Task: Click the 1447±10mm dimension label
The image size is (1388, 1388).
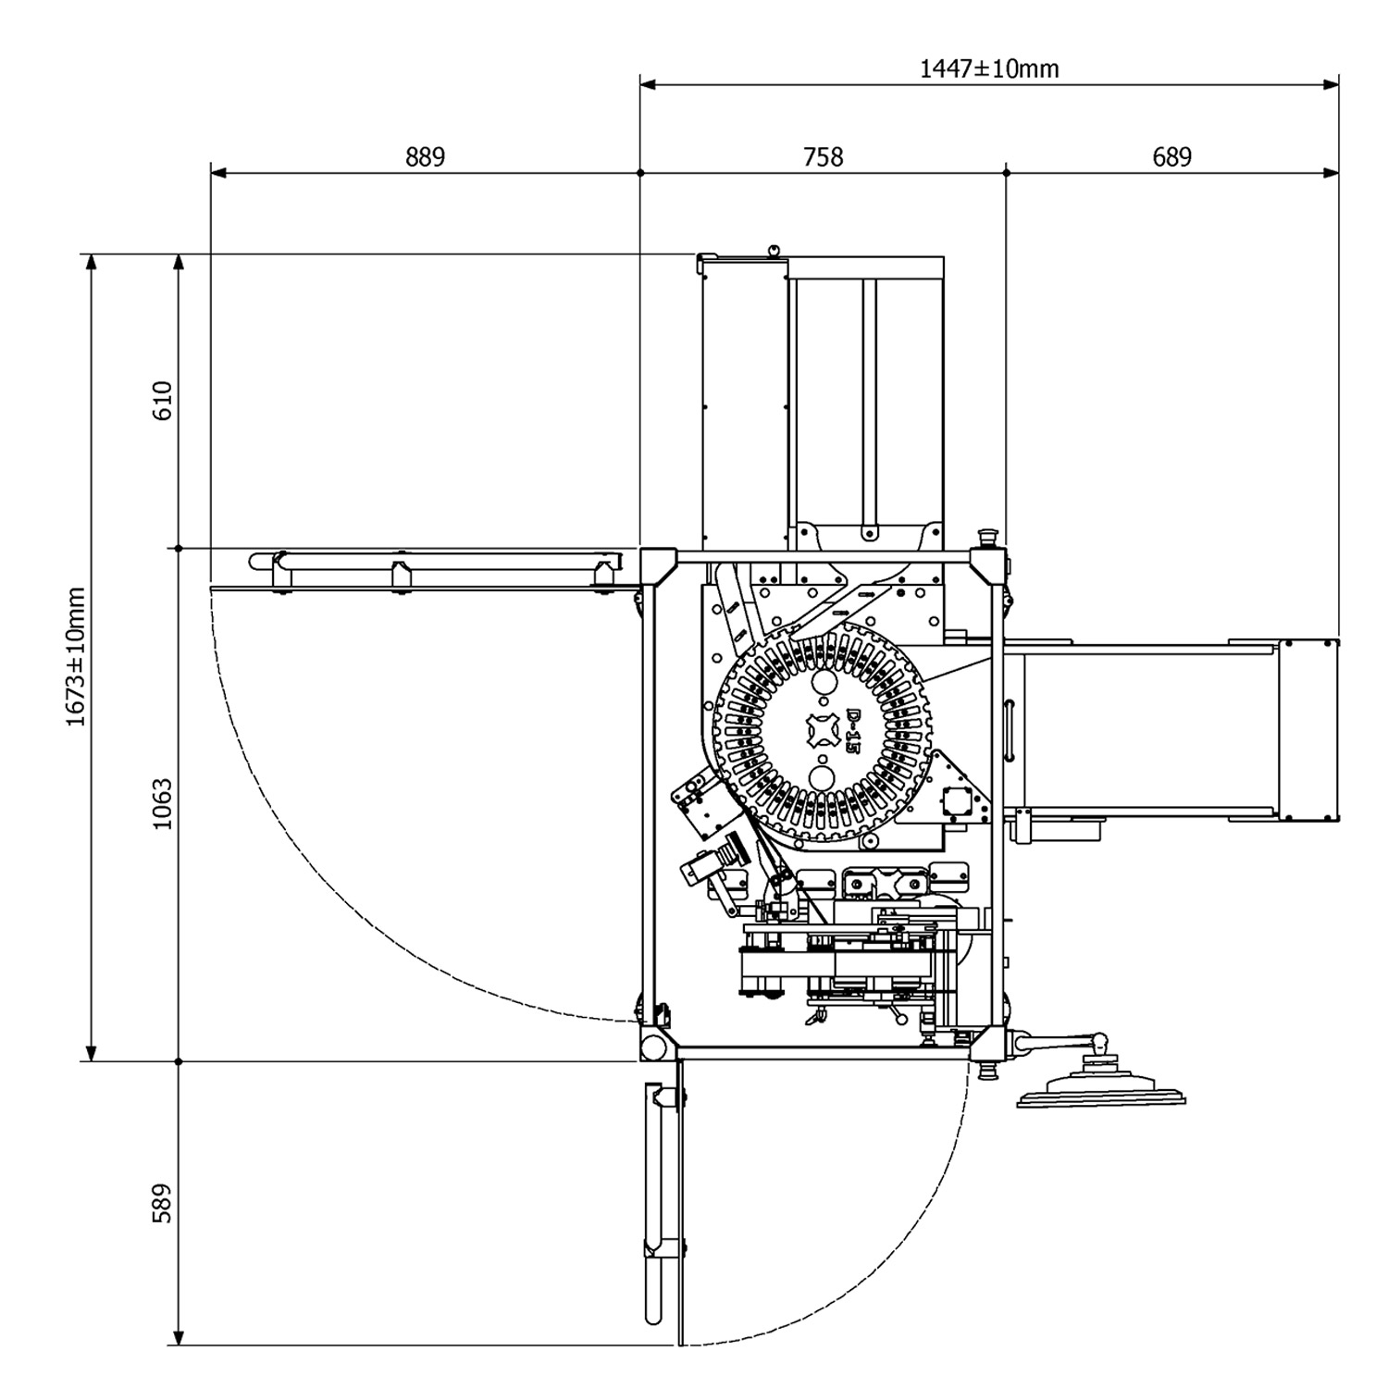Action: click(989, 68)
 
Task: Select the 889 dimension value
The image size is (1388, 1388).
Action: click(425, 157)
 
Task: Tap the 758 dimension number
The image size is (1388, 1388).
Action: click(823, 157)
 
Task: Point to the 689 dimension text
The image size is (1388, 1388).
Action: click(1171, 157)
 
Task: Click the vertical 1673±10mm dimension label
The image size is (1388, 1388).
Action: click(76, 657)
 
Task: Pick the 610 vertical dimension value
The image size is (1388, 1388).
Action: click(163, 401)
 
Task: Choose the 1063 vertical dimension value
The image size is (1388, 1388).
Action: click(163, 804)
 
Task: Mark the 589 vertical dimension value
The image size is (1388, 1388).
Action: click(163, 1203)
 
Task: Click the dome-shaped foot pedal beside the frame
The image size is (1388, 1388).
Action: click(1101, 1088)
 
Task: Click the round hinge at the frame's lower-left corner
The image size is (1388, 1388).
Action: click(654, 1047)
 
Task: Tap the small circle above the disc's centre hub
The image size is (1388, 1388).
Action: click(821, 683)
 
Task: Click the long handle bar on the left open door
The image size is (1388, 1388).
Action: click(435, 561)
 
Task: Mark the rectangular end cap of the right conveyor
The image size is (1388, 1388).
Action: click(1308, 730)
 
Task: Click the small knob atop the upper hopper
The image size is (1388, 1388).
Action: click(774, 249)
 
